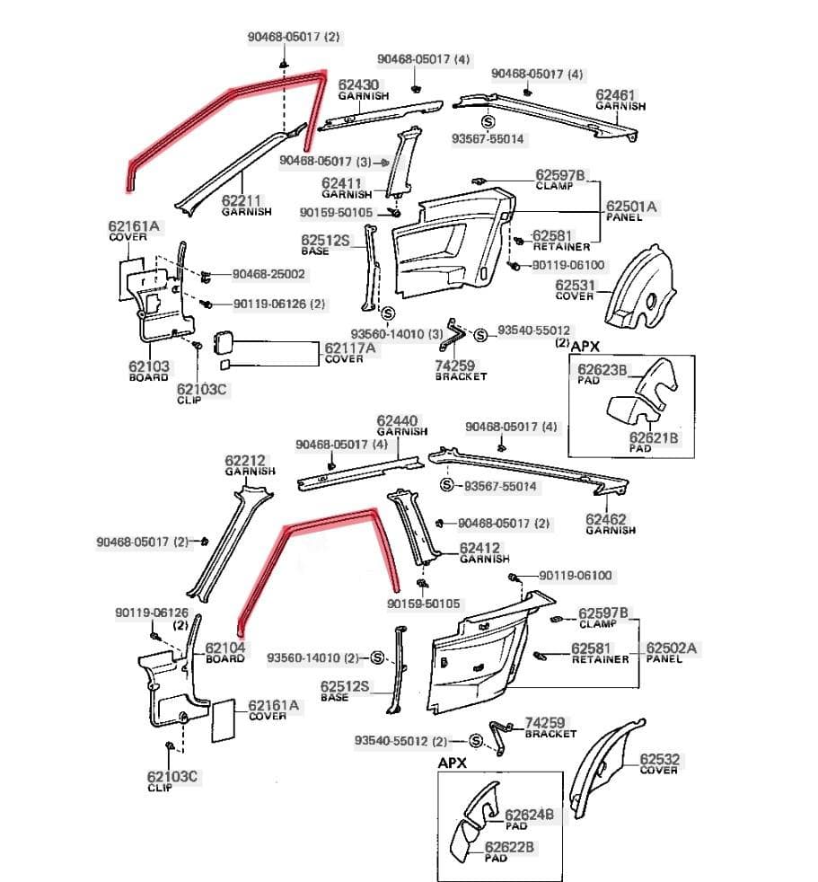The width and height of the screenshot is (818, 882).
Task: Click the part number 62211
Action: [x=242, y=201]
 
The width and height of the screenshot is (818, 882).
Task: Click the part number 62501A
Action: [x=631, y=207]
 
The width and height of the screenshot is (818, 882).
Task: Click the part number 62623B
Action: [x=602, y=369]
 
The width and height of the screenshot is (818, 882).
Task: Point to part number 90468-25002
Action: [x=268, y=274]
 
